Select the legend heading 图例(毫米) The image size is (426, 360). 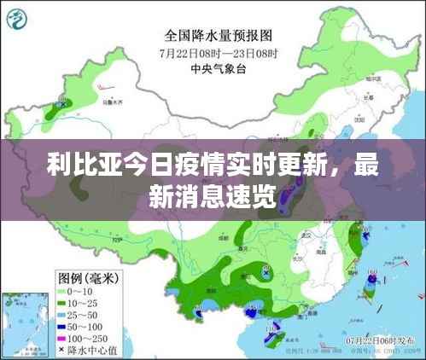pos(89,278)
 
